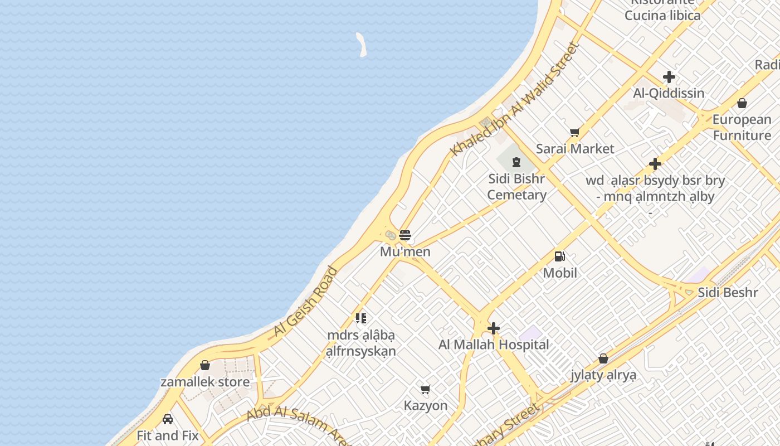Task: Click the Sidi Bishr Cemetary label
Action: (516, 187)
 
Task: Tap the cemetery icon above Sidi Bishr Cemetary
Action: (516, 163)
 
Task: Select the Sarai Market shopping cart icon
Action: (574, 132)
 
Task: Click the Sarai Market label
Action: (575, 149)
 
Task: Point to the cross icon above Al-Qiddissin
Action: (669, 77)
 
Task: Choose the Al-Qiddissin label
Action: (669, 93)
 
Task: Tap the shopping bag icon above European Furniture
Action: (742, 103)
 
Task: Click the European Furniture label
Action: (742, 128)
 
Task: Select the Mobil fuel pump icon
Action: (559, 256)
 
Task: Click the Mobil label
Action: (560, 273)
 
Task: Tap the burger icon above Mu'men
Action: (405, 235)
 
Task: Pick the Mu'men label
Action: (405, 252)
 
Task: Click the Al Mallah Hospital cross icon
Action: (494, 328)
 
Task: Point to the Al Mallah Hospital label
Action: (494, 345)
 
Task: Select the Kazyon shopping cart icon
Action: (426, 389)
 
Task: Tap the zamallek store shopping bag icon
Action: (205, 365)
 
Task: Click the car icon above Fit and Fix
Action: (168, 419)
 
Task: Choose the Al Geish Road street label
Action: (305, 302)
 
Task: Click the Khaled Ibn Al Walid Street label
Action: (515, 99)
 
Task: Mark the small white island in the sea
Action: (362, 45)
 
